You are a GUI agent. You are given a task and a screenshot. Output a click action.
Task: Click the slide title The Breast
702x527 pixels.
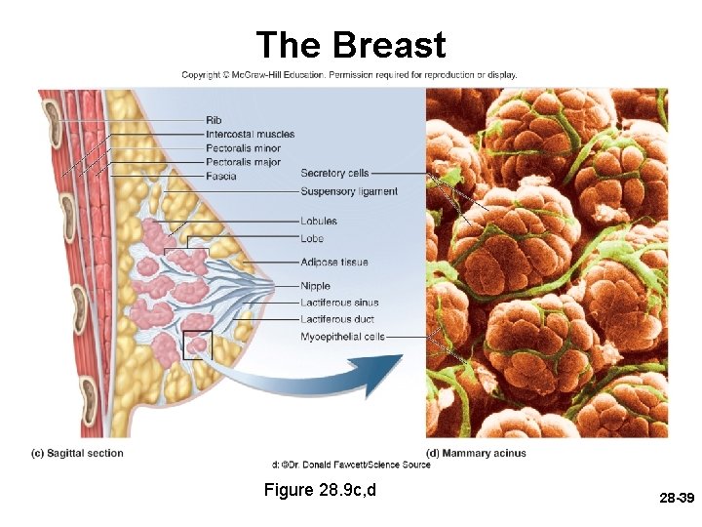point(350,45)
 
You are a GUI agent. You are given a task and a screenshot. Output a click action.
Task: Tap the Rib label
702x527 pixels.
point(214,121)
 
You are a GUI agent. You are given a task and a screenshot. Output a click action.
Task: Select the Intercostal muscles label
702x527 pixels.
point(250,134)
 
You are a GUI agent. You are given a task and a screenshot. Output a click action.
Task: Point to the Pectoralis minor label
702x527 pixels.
point(243,148)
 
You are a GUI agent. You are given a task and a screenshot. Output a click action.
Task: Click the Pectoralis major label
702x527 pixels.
point(243,162)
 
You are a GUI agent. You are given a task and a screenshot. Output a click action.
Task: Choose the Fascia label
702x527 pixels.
point(220,177)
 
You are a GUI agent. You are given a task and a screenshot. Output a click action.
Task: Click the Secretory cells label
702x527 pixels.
point(334,173)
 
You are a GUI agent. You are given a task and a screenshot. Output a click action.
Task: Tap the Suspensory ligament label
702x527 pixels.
point(349,191)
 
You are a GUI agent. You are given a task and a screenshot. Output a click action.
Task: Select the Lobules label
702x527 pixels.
point(319,222)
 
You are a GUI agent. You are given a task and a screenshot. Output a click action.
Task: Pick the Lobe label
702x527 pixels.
point(312,238)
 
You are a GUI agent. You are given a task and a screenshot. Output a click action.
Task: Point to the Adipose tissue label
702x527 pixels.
point(333,262)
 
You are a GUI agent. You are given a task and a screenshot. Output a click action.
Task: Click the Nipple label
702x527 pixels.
point(315,286)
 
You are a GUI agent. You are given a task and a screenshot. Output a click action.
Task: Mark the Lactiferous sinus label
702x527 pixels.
point(339,303)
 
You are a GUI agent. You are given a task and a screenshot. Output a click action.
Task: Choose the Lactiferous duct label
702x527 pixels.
point(338,319)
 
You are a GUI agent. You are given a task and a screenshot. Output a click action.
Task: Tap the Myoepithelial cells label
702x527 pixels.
point(342,337)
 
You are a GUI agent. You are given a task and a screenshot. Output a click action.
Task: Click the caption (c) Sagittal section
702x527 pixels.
point(78,453)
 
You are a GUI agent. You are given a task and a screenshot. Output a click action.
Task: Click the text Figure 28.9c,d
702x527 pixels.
point(320,489)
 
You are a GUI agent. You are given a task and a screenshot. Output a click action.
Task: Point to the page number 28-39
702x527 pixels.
point(675,499)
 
